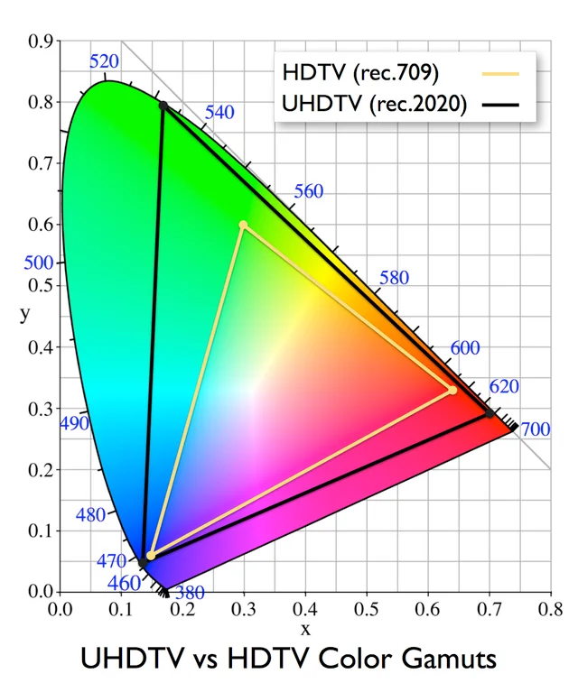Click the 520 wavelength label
coord(105,61)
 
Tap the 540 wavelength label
coord(219,113)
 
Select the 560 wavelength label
coord(308,191)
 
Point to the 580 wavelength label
coord(395,277)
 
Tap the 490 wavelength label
coord(74,424)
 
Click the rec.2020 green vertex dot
coord(163,106)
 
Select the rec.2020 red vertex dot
coord(489,412)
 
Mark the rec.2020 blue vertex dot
coord(143,563)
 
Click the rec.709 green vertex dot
coord(243,225)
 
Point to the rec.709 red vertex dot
coord(452,390)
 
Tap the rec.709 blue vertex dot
coord(151,556)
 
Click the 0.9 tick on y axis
coord(41,42)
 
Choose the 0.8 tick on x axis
coord(550,610)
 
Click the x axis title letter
coord(304,628)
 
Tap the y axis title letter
coord(25,316)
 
